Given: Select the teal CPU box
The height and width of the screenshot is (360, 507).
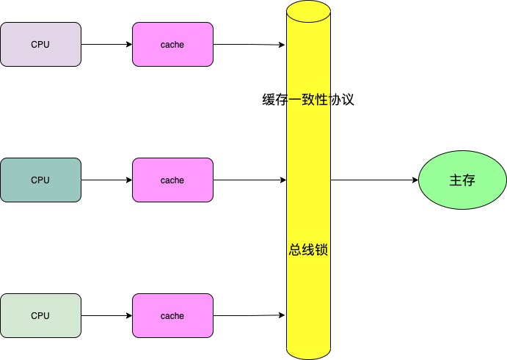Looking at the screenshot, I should point(40,180).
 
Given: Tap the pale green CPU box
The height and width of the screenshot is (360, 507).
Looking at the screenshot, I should point(40,315).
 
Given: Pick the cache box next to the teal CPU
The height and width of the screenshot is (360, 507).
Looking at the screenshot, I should point(172,180).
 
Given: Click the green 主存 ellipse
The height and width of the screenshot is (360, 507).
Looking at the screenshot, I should point(462,180).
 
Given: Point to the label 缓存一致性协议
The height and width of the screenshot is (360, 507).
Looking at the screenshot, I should point(308,100).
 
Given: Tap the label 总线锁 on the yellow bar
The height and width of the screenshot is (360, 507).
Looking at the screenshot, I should point(308,249).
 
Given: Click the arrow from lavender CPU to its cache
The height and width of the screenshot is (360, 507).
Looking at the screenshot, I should point(106,45).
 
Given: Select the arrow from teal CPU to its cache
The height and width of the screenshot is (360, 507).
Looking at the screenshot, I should point(106,180).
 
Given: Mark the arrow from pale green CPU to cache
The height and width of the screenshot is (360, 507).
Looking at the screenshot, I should point(106,316).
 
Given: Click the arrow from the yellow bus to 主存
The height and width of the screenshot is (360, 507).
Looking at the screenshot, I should point(374,180).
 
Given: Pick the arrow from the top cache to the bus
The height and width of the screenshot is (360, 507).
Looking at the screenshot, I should point(249,45).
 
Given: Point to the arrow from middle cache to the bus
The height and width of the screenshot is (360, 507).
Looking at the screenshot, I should point(249,180).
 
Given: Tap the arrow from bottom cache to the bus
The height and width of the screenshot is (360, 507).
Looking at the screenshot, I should point(249,316).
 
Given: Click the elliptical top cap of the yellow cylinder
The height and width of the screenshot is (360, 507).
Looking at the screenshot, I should point(308,12).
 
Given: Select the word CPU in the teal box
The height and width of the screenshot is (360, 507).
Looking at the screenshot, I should point(40,180).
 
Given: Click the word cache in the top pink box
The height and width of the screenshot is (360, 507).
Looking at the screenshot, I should point(172,45).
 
